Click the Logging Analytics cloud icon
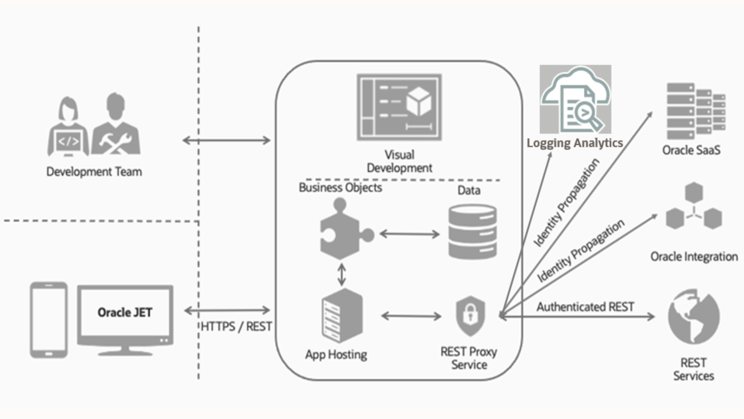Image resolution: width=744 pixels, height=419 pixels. (x=575, y=99)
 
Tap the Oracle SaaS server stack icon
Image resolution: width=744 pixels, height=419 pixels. (x=695, y=111)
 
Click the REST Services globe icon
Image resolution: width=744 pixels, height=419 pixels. (x=693, y=317)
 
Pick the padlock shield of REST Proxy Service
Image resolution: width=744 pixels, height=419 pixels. (x=470, y=316)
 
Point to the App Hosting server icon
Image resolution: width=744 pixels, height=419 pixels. (x=342, y=316)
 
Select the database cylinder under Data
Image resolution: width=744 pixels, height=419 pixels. (x=472, y=232)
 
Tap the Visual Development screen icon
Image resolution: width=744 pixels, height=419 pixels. (x=399, y=107)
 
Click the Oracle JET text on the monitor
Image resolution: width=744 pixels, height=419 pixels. (x=125, y=312)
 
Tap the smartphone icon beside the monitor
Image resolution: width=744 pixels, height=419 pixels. (x=49, y=320)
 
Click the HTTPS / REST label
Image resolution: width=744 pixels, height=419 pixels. (x=236, y=327)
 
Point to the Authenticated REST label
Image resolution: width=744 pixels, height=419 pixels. (x=585, y=307)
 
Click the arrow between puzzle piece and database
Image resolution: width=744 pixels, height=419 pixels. (x=410, y=234)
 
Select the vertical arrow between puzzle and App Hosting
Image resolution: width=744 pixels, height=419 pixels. (x=342, y=274)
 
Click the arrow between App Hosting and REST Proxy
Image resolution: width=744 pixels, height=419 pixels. (x=411, y=316)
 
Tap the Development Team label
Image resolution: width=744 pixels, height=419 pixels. (x=94, y=172)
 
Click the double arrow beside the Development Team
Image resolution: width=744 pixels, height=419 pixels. (x=227, y=140)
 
